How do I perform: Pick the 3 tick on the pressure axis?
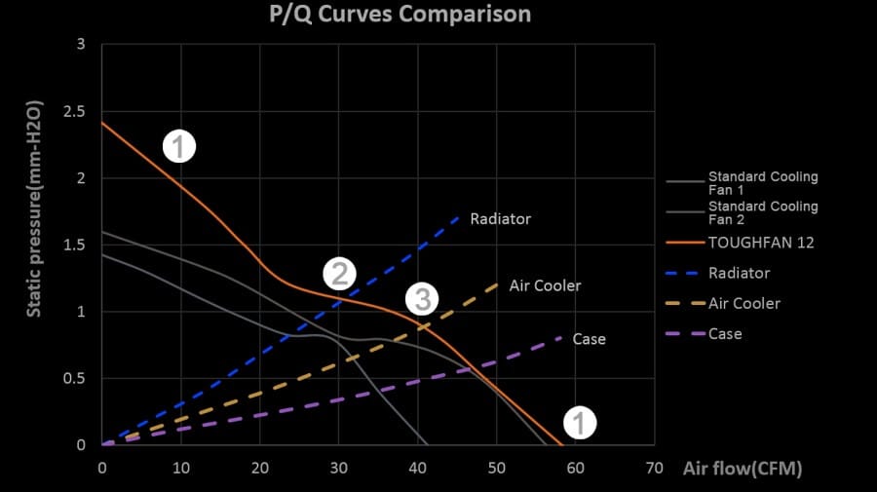(x=81, y=45)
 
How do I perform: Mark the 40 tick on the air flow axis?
(x=418, y=468)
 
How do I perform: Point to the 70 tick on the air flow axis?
(x=655, y=468)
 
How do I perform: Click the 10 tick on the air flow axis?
(x=181, y=468)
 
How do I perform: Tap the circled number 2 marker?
(x=339, y=274)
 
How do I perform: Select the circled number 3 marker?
(x=421, y=299)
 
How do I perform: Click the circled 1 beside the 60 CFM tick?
(x=580, y=422)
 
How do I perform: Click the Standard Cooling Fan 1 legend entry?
(x=763, y=183)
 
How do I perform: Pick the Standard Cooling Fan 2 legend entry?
(x=763, y=212)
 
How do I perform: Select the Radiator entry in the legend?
(x=739, y=273)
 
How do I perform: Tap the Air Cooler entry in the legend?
(x=744, y=303)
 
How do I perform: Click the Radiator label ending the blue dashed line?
(x=500, y=219)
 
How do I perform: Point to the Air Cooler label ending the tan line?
(x=545, y=286)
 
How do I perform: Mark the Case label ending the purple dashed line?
(x=589, y=339)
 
